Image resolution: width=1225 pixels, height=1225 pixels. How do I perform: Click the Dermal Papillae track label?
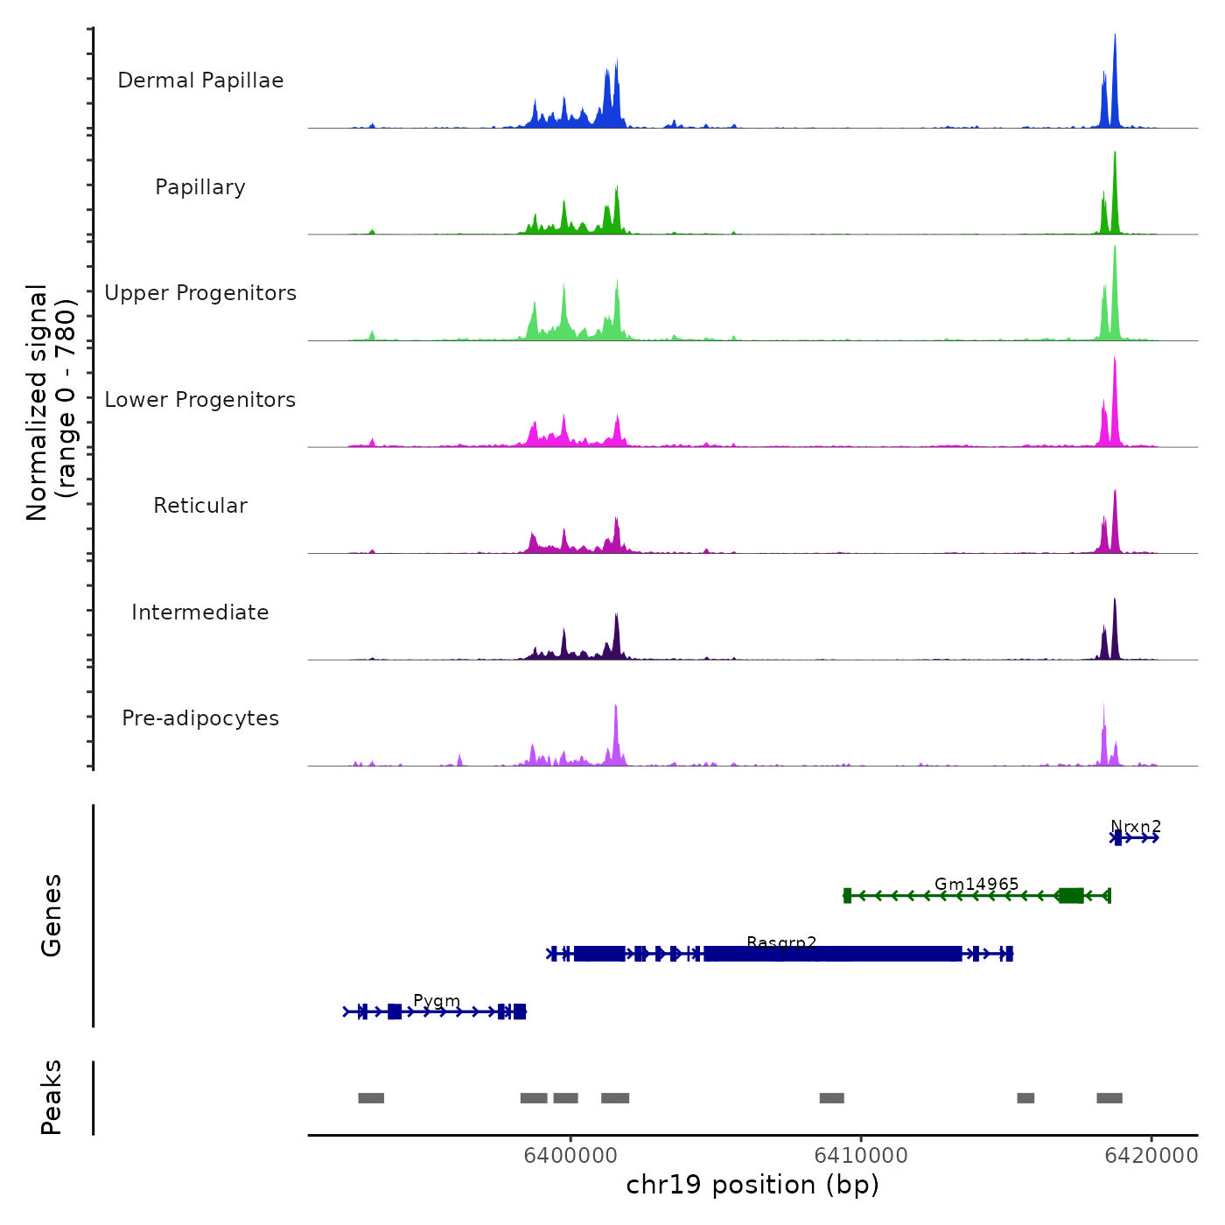pyautogui.click(x=200, y=80)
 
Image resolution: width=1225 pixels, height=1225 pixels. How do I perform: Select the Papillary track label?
pyautogui.click(x=200, y=187)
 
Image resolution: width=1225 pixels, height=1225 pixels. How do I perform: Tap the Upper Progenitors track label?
pyautogui.click(x=200, y=293)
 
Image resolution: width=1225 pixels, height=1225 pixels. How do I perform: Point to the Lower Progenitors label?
pyautogui.click(x=200, y=400)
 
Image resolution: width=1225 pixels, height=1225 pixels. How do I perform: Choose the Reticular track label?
pyautogui.click(x=200, y=506)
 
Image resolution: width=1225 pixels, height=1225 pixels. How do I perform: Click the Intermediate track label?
pyautogui.click(x=200, y=612)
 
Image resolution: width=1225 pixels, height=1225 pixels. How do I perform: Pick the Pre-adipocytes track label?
pyautogui.click(x=200, y=718)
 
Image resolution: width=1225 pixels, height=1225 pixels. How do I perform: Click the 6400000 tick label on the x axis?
pyautogui.click(x=570, y=1155)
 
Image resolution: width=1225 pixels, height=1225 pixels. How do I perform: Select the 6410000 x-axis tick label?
pyautogui.click(x=861, y=1155)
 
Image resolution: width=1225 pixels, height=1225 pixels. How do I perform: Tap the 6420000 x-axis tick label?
pyautogui.click(x=1151, y=1155)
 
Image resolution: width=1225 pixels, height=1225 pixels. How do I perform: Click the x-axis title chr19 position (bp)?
pyautogui.click(x=752, y=1185)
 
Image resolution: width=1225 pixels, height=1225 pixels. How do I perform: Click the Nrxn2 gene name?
pyautogui.click(x=1136, y=826)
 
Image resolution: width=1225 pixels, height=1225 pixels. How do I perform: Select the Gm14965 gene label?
pyautogui.click(x=976, y=884)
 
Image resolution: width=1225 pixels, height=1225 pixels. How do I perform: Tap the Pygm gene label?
pyautogui.click(x=437, y=1000)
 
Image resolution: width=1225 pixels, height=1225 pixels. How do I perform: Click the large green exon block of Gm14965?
pyautogui.click(x=1071, y=895)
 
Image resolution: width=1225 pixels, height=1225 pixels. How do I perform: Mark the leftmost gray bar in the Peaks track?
pyautogui.click(x=371, y=1098)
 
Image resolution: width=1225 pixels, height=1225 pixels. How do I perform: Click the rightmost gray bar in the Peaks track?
pyautogui.click(x=1109, y=1098)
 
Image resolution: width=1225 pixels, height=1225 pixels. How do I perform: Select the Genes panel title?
pyautogui.click(x=51, y=915)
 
